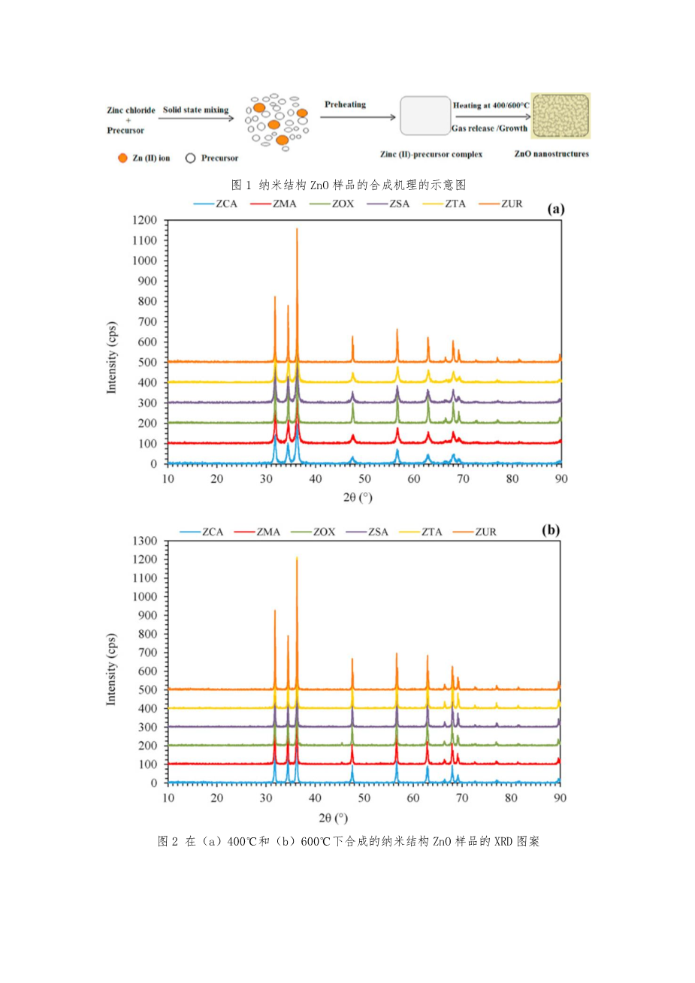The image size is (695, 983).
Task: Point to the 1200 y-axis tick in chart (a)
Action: tap(144, 220)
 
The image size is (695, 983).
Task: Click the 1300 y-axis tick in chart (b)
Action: tap(144, 541)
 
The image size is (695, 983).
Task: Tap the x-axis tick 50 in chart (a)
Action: tap(364, 479)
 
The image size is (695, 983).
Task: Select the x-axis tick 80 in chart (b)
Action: tap(511, 798)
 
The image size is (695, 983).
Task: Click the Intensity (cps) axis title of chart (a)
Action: tap(112, 357)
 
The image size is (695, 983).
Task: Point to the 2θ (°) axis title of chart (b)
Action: tap(334, 817)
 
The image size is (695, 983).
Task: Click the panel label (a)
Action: tap(556, 209)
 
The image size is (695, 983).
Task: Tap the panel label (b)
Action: tap(551, 529)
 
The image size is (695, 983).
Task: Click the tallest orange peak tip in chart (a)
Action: tap(297, 228)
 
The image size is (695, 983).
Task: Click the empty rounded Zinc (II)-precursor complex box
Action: tap(425, 116)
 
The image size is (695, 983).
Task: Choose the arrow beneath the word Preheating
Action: tap(359, 117)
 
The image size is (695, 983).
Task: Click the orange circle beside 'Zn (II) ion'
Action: tap(122, 158)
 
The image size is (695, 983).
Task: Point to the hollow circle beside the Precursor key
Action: tap(190, 158)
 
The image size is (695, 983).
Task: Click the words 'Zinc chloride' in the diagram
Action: tap(131, 110)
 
